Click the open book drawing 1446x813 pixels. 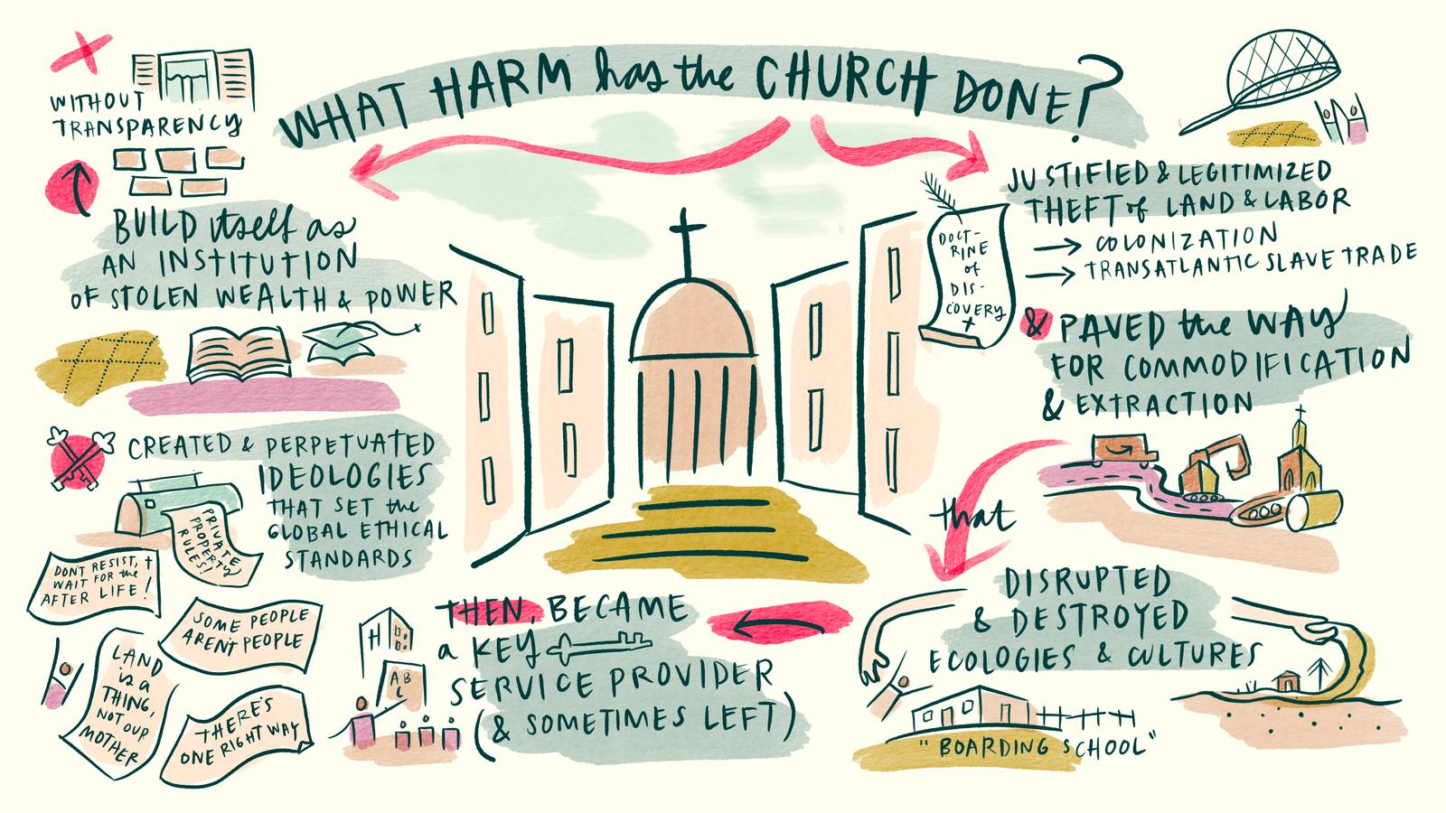tap(239, 355)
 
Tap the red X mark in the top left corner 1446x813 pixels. tap(74, 48)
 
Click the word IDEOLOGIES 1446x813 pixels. tap(343, 476)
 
